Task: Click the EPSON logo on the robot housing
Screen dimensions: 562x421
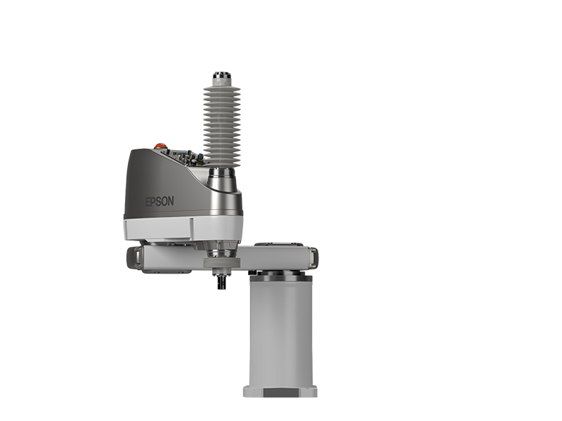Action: tap(159, 201)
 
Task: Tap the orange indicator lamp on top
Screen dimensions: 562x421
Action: tap(161, 146)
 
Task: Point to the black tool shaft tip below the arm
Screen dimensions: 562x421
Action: tap(222, 282)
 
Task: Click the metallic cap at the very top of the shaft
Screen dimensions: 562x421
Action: tap(222, 76)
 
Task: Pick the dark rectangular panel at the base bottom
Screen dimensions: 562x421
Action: tap(280, 393)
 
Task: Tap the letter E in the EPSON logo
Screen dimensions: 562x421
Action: tap(148, 202)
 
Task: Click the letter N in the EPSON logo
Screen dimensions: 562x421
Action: tap(171, 201)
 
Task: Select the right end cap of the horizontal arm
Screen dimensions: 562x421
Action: tap(313, 257)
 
